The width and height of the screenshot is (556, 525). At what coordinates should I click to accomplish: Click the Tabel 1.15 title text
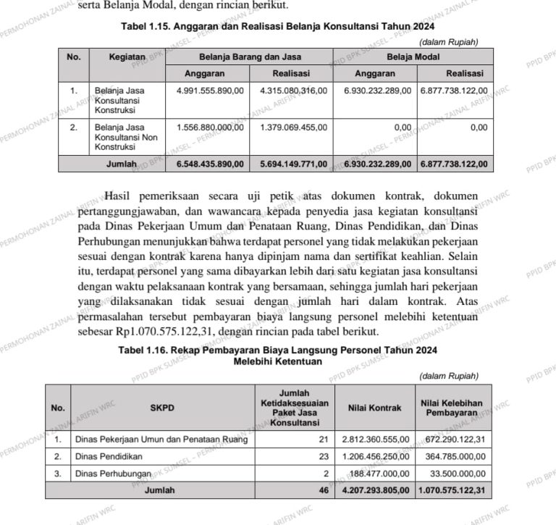point(277,27)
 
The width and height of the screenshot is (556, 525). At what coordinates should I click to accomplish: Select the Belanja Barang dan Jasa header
point(250,56)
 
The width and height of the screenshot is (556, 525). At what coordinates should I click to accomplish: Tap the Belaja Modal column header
point(413,56)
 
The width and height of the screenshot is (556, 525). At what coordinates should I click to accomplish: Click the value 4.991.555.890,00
point(210,91)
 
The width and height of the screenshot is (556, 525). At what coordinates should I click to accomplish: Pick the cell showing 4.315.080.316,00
point(293,91)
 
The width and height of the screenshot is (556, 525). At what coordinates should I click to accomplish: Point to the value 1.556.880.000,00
point(210,127)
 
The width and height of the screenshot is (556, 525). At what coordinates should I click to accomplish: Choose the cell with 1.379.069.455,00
point(293,127)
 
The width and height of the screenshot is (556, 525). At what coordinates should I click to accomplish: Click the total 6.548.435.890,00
point(210,164)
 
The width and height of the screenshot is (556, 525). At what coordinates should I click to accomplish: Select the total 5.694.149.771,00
point(293,164)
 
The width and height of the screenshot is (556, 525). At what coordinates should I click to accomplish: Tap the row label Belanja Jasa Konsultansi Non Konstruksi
point(120,137)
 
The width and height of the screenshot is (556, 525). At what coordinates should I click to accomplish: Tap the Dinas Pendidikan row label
point(109,457)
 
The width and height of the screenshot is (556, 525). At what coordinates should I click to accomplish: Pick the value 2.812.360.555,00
point(376,440)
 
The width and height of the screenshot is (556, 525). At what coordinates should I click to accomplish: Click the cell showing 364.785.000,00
point(455,457)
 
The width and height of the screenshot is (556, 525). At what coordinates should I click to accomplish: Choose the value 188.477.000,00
point(381,474)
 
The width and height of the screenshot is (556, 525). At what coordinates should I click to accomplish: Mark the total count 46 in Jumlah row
point(324,490)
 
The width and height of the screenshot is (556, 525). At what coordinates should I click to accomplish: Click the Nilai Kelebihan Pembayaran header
point(451,408)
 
